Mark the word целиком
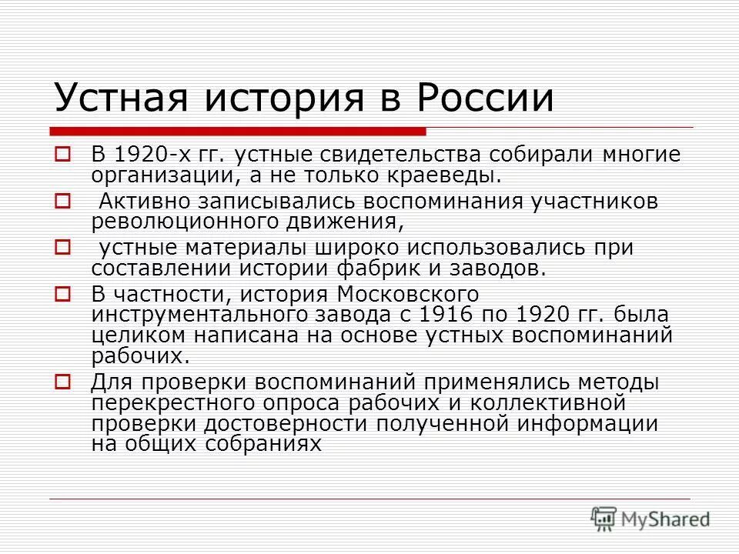click(132, 335)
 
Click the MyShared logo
click(650, 519)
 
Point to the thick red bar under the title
click(239, 129)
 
